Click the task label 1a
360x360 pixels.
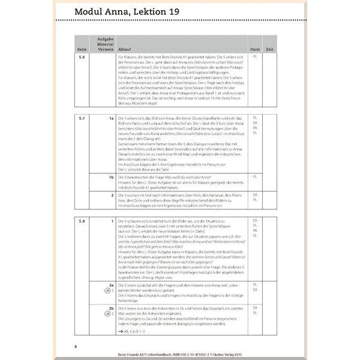pyautogui.click(x=111, y=118)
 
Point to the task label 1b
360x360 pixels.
pyautogui.click(x=111, y=176)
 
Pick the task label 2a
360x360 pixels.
pyautogui.click(x=111, y=284)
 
